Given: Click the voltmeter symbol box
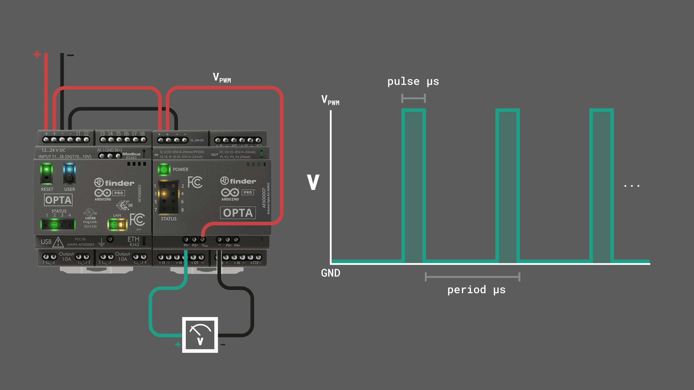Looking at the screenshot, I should tap(200, 335).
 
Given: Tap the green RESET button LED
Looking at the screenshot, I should tap(46, 170).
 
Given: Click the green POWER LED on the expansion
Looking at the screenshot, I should tap(164, 169).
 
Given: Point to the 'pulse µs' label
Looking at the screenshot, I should tap(413, 81).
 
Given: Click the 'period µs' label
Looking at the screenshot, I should tap(476, 290).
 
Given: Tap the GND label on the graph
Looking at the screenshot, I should tap(331, 273).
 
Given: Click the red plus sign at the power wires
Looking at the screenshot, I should tap(37, 54).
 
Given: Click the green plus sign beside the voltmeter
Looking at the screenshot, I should tap(178, 344).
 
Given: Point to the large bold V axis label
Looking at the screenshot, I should tap(313, 182).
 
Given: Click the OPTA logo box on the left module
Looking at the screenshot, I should tap(58, 200).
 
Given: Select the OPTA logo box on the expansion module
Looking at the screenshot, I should tap(238, 213).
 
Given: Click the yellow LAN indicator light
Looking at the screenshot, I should tap(117, 224).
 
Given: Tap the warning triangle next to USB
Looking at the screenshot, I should tap(58, 242).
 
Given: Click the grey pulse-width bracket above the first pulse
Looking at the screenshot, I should tap(413, 98).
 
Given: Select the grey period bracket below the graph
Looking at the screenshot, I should tap(473, 277).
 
